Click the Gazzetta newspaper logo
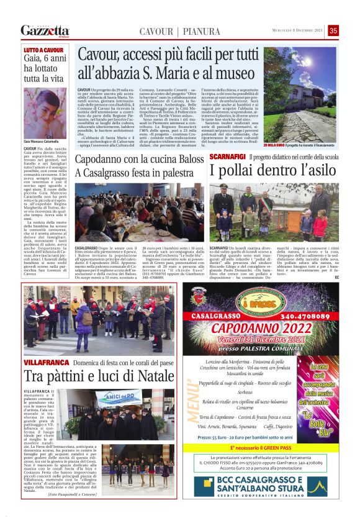[45, 30]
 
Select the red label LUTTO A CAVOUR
[44, 50]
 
